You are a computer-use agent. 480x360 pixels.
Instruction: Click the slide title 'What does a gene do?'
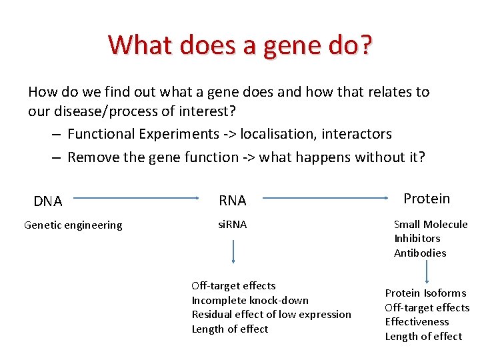pos(240,45)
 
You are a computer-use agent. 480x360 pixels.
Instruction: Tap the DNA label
pos(48,201)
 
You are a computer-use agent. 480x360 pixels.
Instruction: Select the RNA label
pos(232,201)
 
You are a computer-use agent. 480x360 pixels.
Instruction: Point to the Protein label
pos(427,199)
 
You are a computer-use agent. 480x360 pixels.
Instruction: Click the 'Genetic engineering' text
pos(73,225)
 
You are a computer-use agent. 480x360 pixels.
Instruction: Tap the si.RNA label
pos(232,225)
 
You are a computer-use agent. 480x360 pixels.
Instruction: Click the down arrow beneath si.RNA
pos(233,253)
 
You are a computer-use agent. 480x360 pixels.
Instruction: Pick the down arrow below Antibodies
pos(427,272)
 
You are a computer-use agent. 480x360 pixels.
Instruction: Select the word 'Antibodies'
pos(420,253)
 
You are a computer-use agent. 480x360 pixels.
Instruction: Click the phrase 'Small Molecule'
pos(431,225)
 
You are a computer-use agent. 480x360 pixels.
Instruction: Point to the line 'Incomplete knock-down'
pos(250,300)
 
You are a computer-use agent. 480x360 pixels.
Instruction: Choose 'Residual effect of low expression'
pos(271,314)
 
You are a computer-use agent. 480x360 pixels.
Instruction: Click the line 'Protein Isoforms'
pos(425,293)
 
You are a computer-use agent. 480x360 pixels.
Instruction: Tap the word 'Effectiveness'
pos(417,321)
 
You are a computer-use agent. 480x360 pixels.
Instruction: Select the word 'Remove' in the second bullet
pos(90,157)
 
